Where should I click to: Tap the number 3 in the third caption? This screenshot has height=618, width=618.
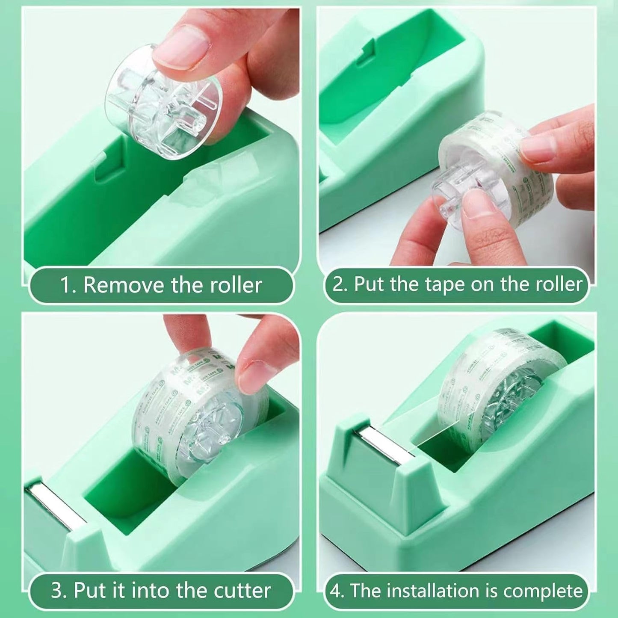(57, 591)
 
